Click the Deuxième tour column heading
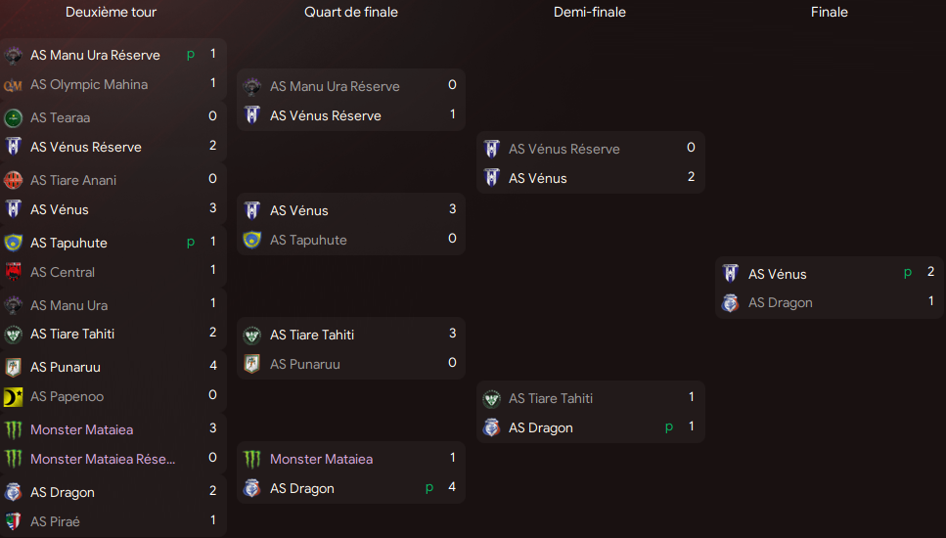111,12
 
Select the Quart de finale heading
351,12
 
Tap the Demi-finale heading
590,12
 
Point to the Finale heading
829,12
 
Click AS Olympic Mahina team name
89,84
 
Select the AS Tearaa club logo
14,117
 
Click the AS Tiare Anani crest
14,180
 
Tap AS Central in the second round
63,272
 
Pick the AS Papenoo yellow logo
14,397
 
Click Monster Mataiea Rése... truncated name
103,459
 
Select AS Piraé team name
56,521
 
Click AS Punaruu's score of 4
213,366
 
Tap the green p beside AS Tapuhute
191,243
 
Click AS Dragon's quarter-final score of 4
452,487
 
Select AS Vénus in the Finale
777,274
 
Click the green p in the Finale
908,273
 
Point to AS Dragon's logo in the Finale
731,303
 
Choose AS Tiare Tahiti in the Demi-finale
551,398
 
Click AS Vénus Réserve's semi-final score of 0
691,147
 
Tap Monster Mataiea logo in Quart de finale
252,459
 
